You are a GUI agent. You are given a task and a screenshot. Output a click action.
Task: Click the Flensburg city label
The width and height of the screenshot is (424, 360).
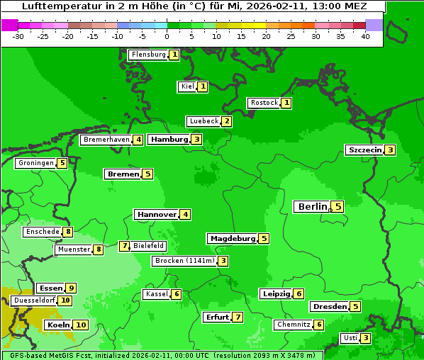tap(148, 55)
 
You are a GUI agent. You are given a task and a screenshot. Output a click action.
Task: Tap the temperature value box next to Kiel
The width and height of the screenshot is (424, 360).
tap(202, 86)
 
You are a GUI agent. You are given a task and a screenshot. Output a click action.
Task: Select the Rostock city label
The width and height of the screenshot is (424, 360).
tap(264, 103)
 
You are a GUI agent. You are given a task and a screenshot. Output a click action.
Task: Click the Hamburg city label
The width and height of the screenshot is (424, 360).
tap(169, 140)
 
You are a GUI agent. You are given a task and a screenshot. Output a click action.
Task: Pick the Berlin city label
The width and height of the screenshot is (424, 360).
tap(312, 207)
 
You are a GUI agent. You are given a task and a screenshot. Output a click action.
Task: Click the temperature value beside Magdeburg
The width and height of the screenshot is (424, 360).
tap(264, 238)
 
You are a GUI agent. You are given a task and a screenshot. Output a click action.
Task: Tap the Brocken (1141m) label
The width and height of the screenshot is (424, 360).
tap(184, 261)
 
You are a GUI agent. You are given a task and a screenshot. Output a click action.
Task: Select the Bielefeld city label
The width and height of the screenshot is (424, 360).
tap(148, 246)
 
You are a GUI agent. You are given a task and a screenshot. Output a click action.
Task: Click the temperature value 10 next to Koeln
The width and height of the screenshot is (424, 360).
tap(80, 325)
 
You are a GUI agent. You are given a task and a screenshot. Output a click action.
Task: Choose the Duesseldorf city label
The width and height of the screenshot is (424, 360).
tap(34, 300)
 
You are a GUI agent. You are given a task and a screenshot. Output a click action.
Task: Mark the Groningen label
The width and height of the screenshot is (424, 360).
tap(36, 163)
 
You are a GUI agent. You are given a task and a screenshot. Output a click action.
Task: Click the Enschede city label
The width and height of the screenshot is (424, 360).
tap(43, 232)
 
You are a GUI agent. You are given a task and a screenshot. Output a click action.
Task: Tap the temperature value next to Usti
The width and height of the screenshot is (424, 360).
tap(365, 338)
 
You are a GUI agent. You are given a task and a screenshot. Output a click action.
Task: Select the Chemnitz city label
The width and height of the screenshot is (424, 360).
tap(294, 325)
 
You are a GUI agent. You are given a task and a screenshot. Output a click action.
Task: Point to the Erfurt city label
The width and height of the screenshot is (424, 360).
tap(217, 317)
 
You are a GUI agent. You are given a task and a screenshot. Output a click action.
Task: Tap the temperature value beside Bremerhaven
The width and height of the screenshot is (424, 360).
tap(138, 140)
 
